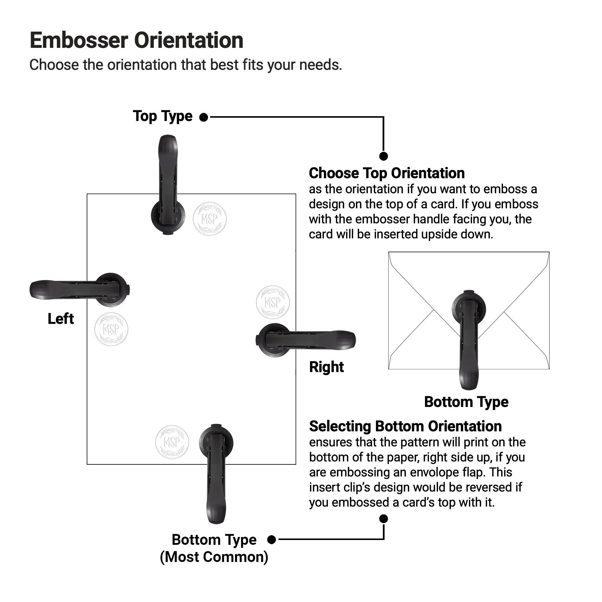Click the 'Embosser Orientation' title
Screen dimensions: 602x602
click(136, 41)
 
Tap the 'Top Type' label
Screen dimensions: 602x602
click(163, 116)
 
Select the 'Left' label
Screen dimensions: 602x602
click(61, 319)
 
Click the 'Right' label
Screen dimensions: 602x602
click(326, 367)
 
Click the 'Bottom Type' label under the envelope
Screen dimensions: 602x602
click(466, 402)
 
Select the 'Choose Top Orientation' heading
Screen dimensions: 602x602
click(387, 173)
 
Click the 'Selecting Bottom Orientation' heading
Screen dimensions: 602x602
click(405, 426)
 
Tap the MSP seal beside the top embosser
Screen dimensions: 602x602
click(210, 219)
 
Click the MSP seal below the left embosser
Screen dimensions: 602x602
click(111, 329)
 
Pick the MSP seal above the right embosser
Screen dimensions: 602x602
click(273, 302)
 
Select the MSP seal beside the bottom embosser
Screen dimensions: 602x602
click(172, 442)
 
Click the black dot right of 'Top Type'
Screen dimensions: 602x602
click(203, 117)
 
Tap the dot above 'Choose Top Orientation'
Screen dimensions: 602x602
click(383, 156)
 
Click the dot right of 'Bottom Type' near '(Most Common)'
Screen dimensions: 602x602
click(272, 539)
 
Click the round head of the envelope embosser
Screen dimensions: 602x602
click(469, 309)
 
